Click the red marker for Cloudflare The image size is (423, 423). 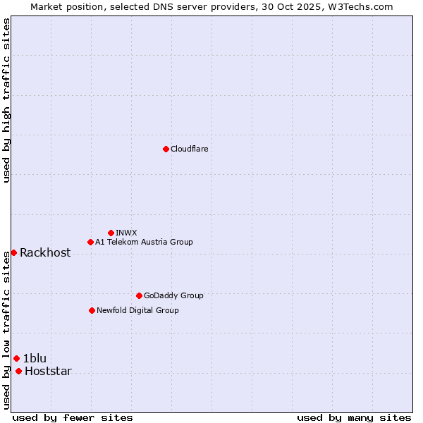[x=166, y=149]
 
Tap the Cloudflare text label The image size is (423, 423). [x=189, y=149]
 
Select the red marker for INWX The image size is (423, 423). [x=111, y=233]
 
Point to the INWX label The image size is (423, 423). [x=126, y=233]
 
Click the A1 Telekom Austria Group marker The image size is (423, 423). [x=90, y=242]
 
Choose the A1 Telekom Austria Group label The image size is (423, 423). [x=144, y=242]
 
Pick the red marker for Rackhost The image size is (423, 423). [x=13, y=252]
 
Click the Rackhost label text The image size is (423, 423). [x=45, y=253]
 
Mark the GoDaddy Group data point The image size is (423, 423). [x=139, y=295]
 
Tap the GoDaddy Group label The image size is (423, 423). [x=173, y=295]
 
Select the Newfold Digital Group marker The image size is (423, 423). [x=92, y=310]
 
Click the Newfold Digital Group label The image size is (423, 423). [x=137, y=310]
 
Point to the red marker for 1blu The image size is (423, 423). [x=16, y=358]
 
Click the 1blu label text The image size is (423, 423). [x=35, y=358]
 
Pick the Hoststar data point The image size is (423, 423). [x=18, y=371]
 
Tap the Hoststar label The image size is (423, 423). [x=48, y=372]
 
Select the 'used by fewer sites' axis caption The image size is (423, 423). [x=73, y=417]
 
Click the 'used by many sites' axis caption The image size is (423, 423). [x=354, y=417]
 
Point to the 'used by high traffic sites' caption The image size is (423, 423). [x=6, y=100]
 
